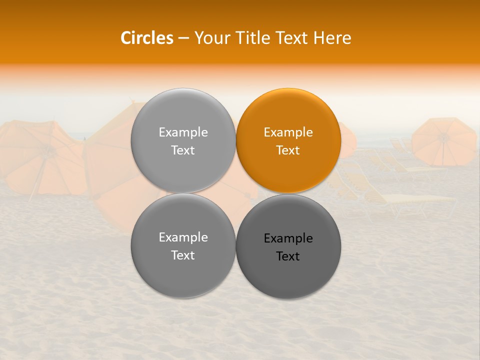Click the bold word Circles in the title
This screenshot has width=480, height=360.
[146, 38]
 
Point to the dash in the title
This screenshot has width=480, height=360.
[183, 38]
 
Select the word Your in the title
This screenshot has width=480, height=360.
[209, 38]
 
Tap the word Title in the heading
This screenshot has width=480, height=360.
[250, 38]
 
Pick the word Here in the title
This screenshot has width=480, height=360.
[332, 38]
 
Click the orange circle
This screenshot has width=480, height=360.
[288, 140]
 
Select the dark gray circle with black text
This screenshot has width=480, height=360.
[288, 246]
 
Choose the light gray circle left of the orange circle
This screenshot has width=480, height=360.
[183, 140]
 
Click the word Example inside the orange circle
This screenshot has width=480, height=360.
[288, 132]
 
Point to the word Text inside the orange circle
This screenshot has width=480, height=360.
[288, 150]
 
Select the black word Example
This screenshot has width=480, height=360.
[288, 238]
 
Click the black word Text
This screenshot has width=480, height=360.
[288, 256]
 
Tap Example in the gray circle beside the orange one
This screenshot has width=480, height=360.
[183, 132]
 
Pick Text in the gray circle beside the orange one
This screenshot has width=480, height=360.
[183, 150]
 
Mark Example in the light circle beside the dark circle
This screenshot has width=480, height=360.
[183, 237]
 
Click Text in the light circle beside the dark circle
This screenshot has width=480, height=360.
[183, 255]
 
